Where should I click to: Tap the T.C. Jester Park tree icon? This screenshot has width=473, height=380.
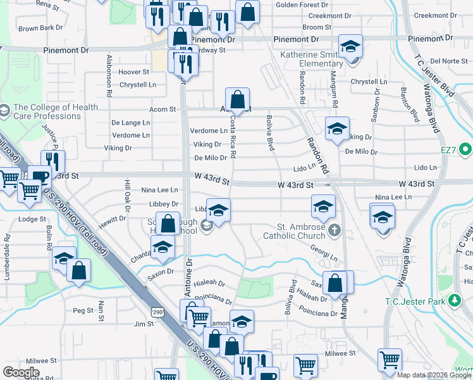453,299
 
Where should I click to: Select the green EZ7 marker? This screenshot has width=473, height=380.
466,150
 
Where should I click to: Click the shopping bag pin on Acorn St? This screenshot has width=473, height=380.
237,100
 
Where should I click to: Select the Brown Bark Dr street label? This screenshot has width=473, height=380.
40,28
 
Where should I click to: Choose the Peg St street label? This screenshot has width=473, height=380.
83,310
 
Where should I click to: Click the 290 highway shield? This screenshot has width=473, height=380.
158,312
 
